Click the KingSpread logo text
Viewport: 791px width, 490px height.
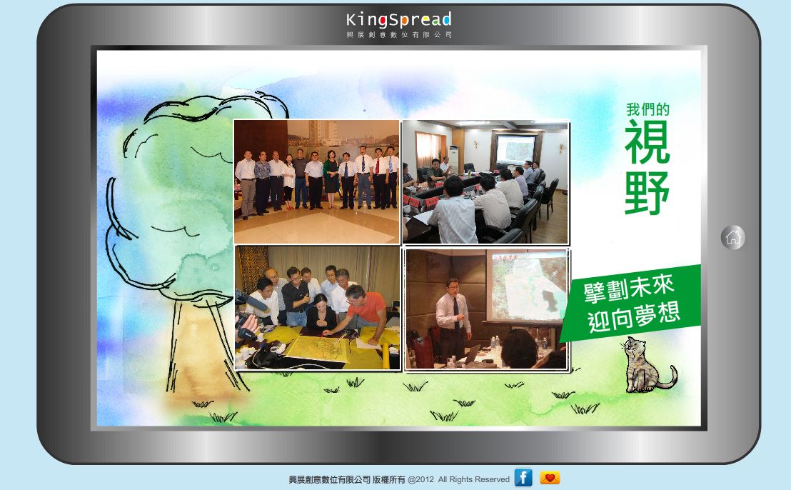point(398,20)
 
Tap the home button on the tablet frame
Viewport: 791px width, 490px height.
point(733,237)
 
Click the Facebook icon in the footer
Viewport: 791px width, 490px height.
point(523,477)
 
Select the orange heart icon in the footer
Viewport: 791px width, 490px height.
point(550,477)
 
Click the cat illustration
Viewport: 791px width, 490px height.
point(647,365)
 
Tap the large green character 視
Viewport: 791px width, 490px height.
point(648,142)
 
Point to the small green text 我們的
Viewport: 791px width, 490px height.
point(648,109)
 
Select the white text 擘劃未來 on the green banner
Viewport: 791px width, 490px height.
point(628,290)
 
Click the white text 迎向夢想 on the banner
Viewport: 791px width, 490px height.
point(634,318)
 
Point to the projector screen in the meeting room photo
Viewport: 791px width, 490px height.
point(515,149)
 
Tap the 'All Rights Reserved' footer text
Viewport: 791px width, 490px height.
point(474,479)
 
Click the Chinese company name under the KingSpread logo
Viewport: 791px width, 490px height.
point(398,35)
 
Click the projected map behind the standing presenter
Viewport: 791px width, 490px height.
point(527,286)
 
